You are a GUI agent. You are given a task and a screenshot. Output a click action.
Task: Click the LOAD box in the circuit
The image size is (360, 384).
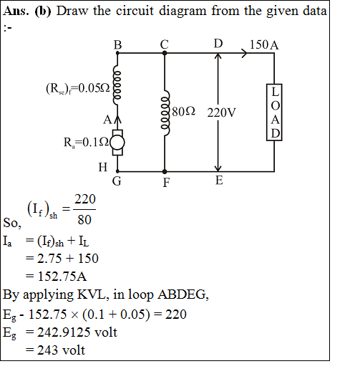click(274, 112)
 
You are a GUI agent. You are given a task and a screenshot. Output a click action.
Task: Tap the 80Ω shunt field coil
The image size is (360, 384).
click(165, 112)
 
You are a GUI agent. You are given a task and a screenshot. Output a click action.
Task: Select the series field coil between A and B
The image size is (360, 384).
click(116, 85)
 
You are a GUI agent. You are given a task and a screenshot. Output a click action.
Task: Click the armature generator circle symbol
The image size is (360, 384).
click(117, 143)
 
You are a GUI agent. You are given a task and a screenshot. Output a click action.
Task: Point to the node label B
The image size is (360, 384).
click(117, 45)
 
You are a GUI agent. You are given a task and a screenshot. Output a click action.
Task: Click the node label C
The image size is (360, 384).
click(165, 44)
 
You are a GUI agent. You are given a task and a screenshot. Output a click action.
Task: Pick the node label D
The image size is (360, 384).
click(218, 44)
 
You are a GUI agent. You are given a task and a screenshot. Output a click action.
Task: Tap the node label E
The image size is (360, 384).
click(219, 181)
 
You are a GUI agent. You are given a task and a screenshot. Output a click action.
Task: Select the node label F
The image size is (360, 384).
click(166, 183)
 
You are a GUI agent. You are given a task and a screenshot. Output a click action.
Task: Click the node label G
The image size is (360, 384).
click(117, 181)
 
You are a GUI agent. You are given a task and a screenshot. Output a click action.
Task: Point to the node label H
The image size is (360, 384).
click(103, 168)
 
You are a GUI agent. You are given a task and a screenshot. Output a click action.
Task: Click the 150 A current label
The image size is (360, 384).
click(264, 45)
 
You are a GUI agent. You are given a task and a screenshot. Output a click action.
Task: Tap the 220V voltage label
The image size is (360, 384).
click(221, 112)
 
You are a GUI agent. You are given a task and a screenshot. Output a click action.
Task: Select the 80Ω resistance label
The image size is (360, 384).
click(183, 112)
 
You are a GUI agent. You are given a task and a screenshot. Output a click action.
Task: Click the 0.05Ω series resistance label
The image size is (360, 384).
click(78, 88)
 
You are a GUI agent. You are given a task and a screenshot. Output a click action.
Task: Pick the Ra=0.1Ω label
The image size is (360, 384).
click(86, 143)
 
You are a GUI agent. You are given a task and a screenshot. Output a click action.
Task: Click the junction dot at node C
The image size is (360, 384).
click(165, 53)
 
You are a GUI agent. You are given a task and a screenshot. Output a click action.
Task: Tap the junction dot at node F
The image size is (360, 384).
click(165, 171)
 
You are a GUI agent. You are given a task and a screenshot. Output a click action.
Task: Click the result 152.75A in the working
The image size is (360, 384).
click(62, 277)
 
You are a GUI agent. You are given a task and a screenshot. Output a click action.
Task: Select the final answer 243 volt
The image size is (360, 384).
click(61, 350)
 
